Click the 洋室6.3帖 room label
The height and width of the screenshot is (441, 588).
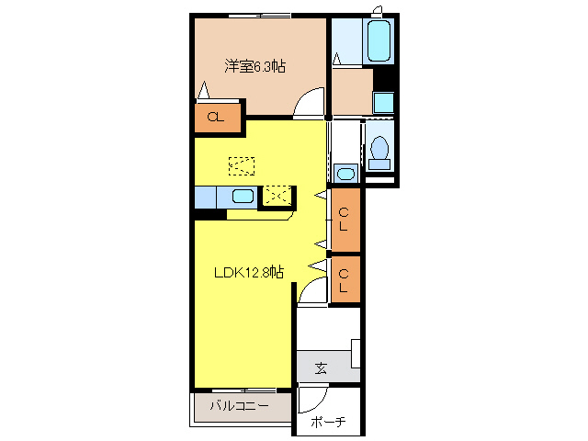pos(255,66)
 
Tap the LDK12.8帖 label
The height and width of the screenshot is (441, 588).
pos(249,272)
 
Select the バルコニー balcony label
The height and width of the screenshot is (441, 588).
pos(239,406)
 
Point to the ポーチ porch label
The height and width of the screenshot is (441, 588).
pos(328,422)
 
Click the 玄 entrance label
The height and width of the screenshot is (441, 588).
pos(321,367)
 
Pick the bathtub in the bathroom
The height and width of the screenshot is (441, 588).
pos(379,40)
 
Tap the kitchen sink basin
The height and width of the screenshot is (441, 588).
pos(243,196)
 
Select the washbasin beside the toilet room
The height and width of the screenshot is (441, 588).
pos(345,174)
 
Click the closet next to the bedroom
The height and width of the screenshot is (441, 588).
pos(217,118)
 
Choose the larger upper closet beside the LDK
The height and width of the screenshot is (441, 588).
pos(345,220)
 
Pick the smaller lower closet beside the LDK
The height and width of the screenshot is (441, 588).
pos(345,279)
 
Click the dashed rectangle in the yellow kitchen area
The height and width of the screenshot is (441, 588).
pos(242,166)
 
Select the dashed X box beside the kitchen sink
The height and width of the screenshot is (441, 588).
pos(277,196)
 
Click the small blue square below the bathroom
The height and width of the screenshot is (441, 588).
pos(383,102)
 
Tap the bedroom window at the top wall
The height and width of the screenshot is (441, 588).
pos(260,16)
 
